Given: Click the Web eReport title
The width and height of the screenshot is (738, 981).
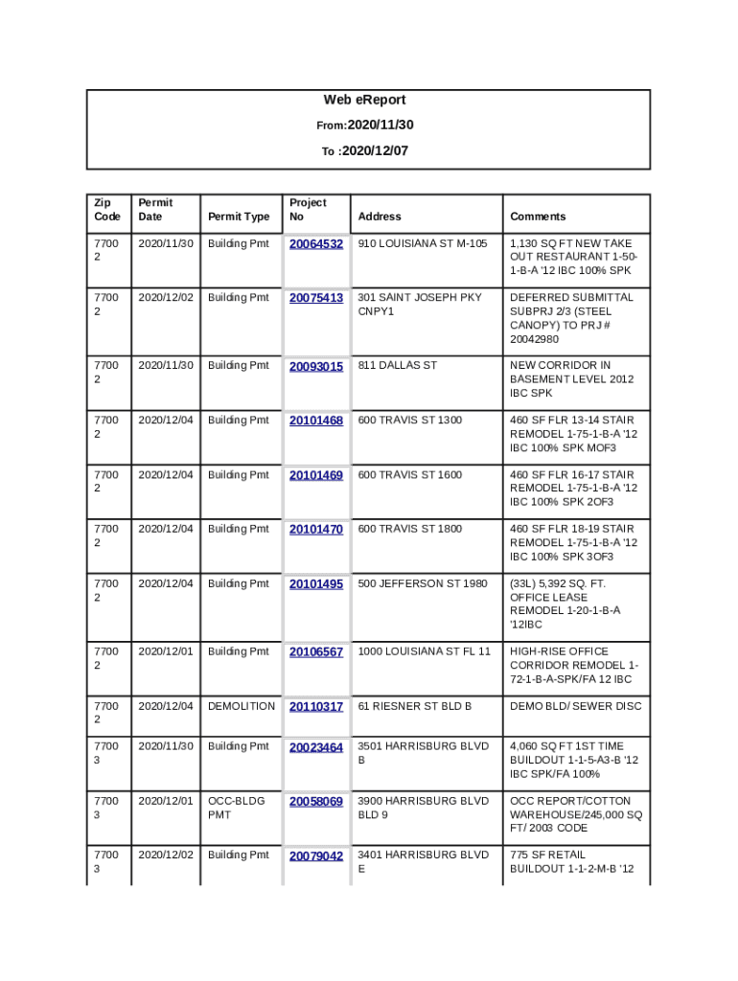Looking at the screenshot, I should click(x=364, y=100).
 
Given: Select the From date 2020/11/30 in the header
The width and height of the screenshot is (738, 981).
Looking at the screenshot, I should click(x=381, y=125).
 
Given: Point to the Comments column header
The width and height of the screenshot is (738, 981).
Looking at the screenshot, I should click(x=538, y=217).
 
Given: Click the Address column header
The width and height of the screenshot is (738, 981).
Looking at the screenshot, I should click(x=380, y=217).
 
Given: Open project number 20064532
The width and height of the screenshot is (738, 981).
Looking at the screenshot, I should click(x=316, y=244).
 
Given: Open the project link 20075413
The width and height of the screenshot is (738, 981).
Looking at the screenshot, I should click(x=316, y=298).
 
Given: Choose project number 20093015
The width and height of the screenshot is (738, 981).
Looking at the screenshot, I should click(x=316, y=366).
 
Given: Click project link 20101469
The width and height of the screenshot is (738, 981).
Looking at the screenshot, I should click(x=316, y=475).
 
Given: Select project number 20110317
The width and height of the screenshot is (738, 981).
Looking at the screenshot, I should click(x=316, y=707).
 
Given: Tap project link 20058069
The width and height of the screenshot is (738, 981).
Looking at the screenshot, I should click(x=316, y=801).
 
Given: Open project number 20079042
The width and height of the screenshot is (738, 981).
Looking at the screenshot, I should click(x=316, y=856).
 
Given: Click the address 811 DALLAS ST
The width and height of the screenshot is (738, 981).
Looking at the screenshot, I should click(x=397, y=365).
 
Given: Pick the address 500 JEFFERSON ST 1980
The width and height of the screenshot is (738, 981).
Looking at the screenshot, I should click(x=423, y=583).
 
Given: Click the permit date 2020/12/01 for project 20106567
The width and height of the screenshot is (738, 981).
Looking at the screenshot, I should click(x=166, y=651).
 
